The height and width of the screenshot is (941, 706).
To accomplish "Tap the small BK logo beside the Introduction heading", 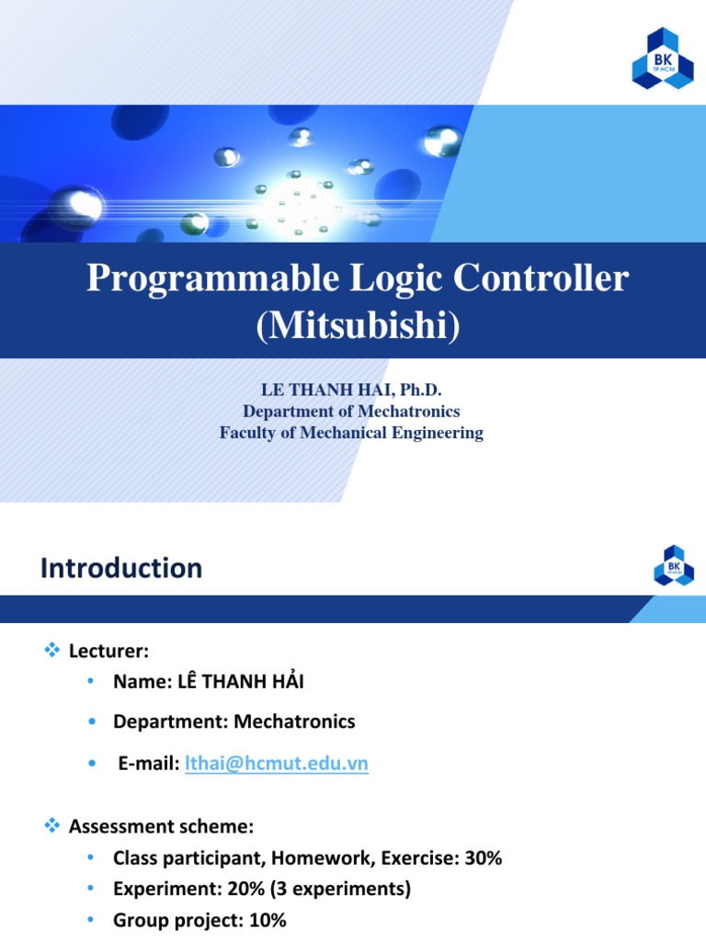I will coord(674,564).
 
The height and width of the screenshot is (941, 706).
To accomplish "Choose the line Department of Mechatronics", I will coord(351,412).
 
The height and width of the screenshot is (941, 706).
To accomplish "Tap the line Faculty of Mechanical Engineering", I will coord(351,433).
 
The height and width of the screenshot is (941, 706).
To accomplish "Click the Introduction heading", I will coord(121,568).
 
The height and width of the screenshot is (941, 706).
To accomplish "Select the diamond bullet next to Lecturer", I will coord(51,651).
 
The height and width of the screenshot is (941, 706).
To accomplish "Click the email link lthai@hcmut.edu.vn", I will coord(277,765).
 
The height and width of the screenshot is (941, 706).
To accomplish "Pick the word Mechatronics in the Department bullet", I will coord(294,721).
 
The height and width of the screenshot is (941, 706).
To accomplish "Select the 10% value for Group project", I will coord(267,919).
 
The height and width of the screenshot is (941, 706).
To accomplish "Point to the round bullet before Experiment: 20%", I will coord(91,889).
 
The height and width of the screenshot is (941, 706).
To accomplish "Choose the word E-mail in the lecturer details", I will coord(147,765).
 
